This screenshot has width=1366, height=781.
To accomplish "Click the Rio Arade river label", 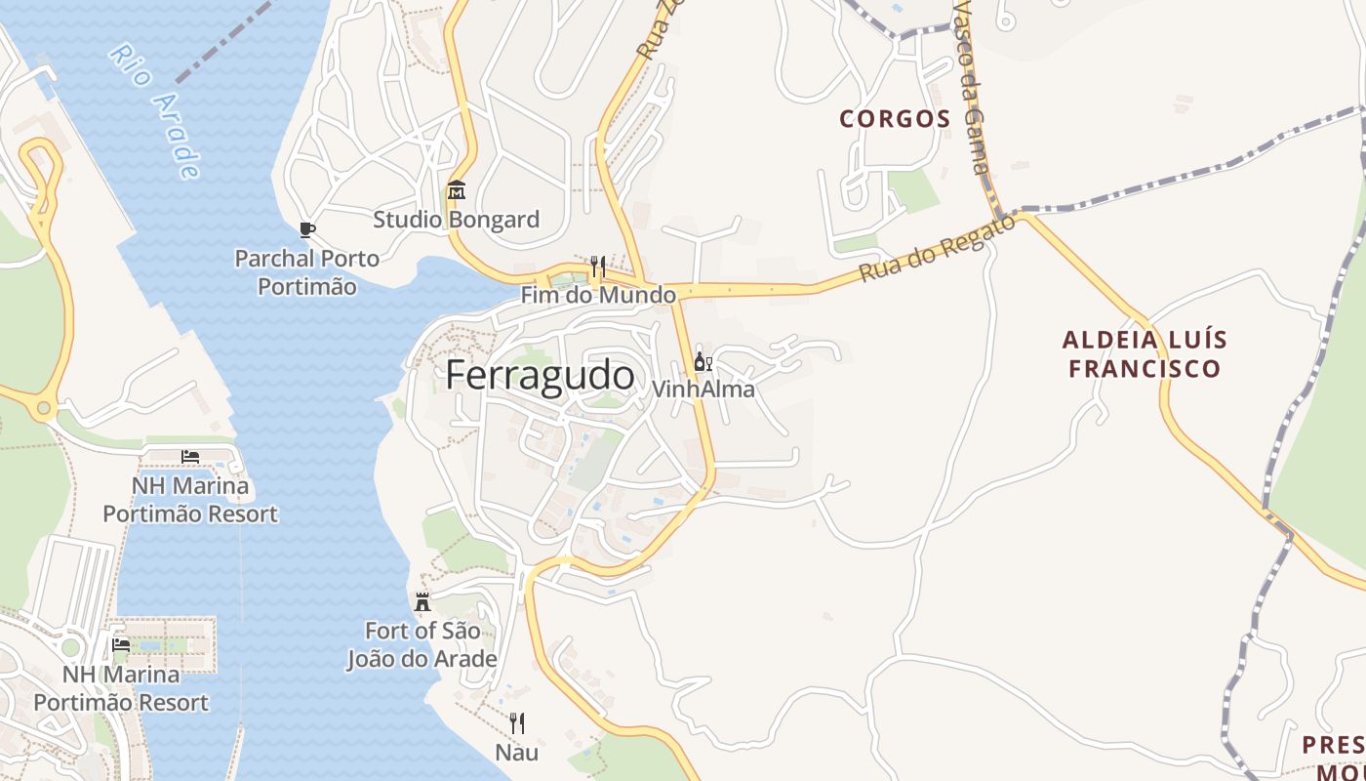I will click(x=155, y=111).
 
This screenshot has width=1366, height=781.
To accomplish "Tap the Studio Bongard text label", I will click(x=456, y=220).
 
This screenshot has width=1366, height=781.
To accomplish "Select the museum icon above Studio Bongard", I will click(x=456, y=190).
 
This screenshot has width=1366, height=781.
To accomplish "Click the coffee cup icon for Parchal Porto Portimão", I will click(x=306, y=230).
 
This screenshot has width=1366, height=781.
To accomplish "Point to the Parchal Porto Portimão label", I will click(x=306, y=272).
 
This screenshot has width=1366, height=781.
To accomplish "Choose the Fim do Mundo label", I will click(x=597, y=295).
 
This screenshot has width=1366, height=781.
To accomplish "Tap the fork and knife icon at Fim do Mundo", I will click(x=597, y=266).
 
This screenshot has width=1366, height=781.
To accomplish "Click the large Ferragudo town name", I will click(x=540, y=376).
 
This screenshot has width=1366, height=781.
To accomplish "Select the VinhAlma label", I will click(x=703, y=389).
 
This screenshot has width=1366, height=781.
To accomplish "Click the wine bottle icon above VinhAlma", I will click(x=702, y=362).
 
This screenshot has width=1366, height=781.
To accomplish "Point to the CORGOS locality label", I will click(x=895, y=119).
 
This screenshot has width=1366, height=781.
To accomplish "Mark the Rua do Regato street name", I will click(x=936, y=250).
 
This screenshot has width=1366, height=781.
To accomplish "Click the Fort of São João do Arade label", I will click(x=422, y=644).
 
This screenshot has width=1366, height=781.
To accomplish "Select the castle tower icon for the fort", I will click(x=422, y=601).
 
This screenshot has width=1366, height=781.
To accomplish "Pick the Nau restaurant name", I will click(x=516, y=753).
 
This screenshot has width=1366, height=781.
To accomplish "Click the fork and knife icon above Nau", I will click(x=516, y=723).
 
